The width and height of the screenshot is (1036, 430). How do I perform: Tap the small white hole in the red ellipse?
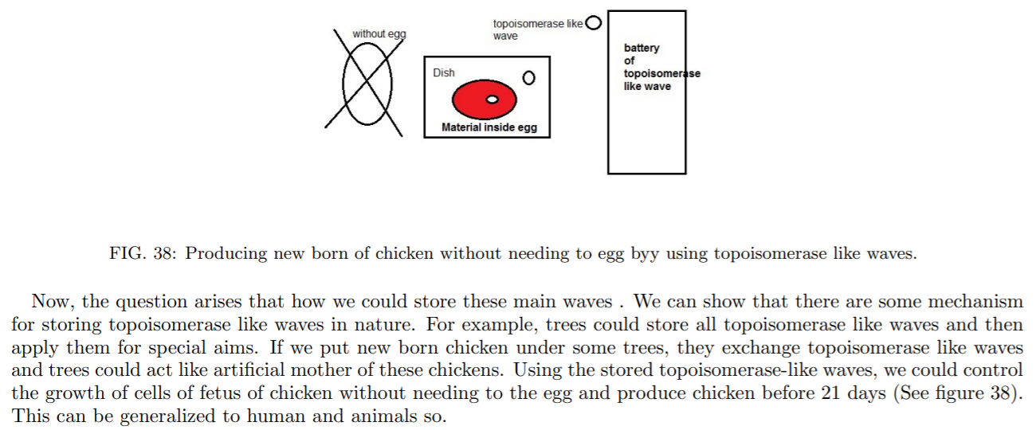tap(492, 100)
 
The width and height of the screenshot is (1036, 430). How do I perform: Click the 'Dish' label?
tap(444, 72)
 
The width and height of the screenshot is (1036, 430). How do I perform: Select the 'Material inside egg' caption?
tap(489, 127)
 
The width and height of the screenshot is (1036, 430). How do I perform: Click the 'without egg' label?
tap(379, 34)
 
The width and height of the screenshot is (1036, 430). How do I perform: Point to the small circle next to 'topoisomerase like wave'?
tap(593, 23)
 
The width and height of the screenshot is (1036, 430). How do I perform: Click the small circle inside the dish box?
tap(528, 78)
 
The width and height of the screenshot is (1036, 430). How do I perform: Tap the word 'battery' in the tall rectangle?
tap(642, 48)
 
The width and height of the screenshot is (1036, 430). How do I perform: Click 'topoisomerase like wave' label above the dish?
tap(538, 29)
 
